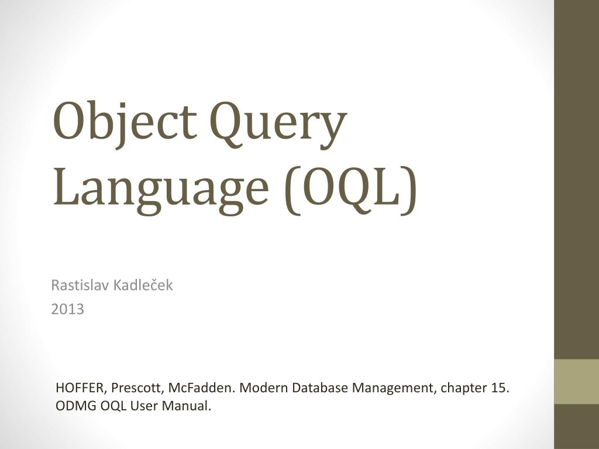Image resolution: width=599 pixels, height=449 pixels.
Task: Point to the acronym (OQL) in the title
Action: coord(350,188)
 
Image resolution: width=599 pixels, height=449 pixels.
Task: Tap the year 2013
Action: coord(68,309)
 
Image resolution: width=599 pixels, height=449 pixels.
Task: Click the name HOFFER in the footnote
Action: coord(81,388)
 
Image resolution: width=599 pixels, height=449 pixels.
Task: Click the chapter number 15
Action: coord(501,388)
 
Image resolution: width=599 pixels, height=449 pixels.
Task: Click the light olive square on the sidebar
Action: coord(576,381)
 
